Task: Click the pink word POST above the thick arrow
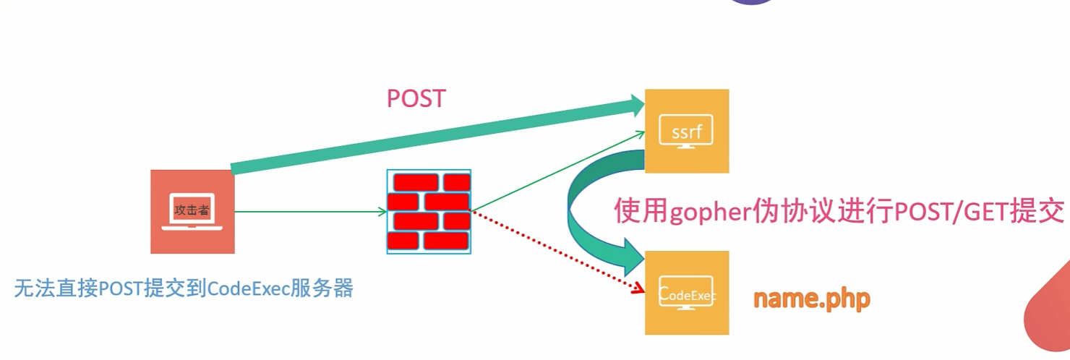coord(416,98)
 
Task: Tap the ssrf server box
coord(686,132)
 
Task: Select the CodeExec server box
coord(686,293)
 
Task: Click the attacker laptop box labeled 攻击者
coord(192,211)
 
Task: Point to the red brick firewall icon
coord(429,212)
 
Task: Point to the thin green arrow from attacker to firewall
coord(311,212)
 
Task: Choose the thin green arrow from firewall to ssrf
coord(557,171)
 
